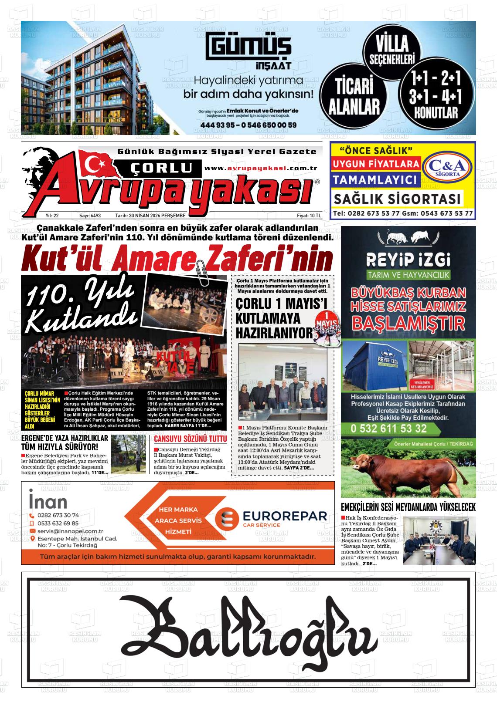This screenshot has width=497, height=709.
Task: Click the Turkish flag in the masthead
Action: pyautogui.click(x=97, y=164)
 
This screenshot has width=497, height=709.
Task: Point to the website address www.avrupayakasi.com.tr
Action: pyautogui.click(x=260, y=169)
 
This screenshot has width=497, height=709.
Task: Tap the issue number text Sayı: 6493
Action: pyautogui.click(x=90, y=216)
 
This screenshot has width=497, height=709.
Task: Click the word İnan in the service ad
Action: pyautogui.click(x=48, y=501)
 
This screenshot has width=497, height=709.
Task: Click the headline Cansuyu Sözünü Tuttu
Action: pyautogui.click(x=190, y=438)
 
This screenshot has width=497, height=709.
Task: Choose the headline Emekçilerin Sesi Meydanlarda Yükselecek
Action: pyautogui.click(x=408, y=507)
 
